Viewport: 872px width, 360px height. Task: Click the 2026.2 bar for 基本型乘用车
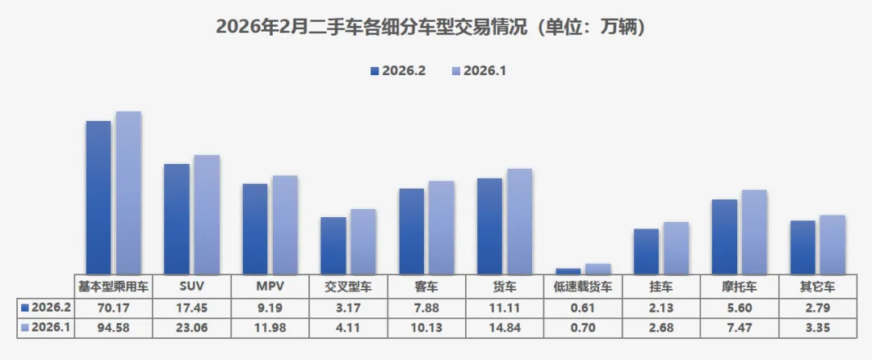(99, 198)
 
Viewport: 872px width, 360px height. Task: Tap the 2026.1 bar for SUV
(207, 215)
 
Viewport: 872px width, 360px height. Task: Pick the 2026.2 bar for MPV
(255, 229)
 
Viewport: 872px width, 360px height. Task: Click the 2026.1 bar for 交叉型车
(363, 242)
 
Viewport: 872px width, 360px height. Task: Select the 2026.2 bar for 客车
(412, 232)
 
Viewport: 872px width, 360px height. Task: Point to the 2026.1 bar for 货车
(519, 222)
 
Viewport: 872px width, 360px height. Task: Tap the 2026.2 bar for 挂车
(646, 252)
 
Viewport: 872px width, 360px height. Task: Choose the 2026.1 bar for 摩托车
(754, 232)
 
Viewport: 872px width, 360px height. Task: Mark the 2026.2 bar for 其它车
(803, 248)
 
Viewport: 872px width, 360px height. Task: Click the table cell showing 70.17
(112, 308)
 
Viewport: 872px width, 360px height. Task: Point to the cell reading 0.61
(582, 308)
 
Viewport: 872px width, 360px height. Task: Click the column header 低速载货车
(582, 287)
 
